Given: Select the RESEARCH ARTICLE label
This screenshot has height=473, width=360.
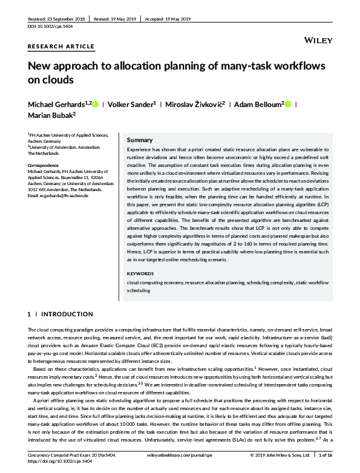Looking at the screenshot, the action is pos(61,46).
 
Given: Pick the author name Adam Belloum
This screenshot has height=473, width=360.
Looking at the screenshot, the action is pos(257,104).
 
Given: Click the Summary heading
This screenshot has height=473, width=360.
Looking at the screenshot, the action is pos(140,140).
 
